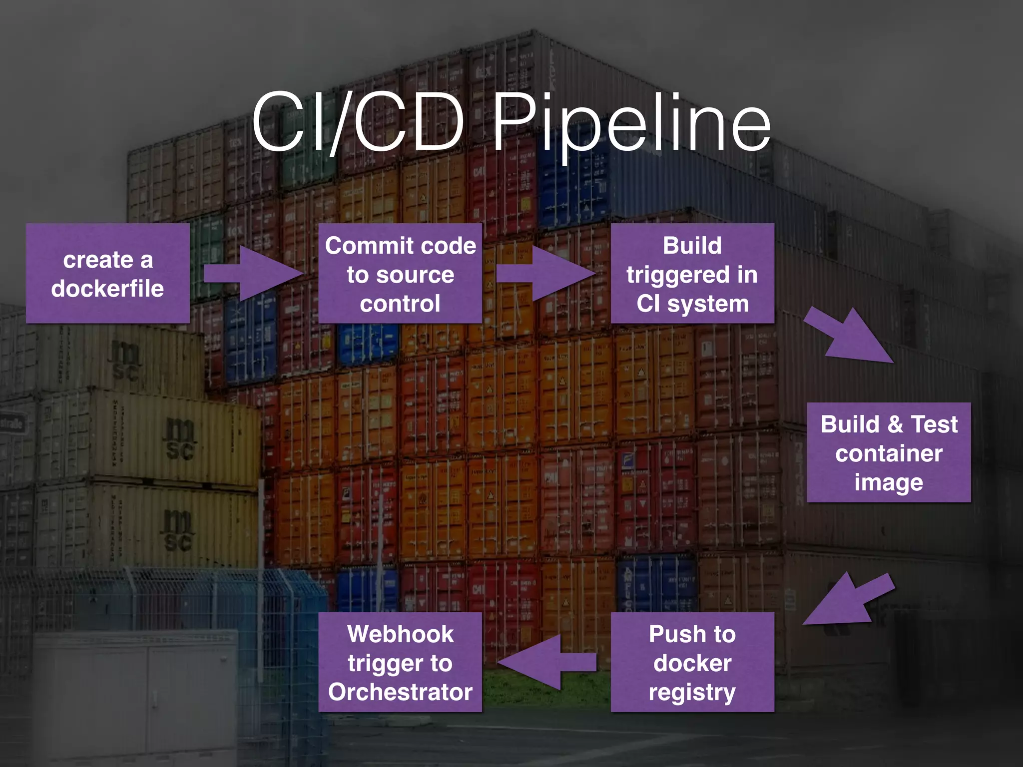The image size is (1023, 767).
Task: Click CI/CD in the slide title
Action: click(x=357, y=122)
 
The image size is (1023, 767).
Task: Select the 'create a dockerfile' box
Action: click(x=107, y=274)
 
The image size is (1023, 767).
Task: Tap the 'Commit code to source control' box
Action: click(x=400, y=274)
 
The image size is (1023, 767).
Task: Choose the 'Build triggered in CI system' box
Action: click(x=692, y=274)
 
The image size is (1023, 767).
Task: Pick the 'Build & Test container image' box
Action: click(x=889, y=452)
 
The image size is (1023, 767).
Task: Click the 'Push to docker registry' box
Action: click(x=692, y=662)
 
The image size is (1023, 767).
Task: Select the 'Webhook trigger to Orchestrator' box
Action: click(x=400, y=662)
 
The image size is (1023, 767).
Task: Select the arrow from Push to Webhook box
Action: click(x=547, y=662)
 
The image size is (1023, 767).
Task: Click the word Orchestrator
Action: click(x=400, y=692)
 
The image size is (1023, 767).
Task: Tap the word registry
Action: click(x=692, y=692)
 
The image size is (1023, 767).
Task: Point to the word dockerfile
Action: click(x=107, y=289)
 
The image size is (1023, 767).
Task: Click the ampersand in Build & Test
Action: click(x=895, y=424)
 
